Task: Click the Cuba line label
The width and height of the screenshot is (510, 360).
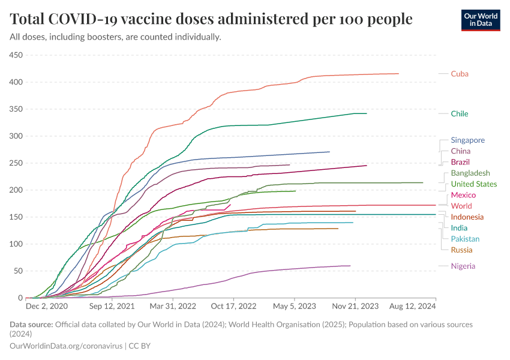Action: (460, 74)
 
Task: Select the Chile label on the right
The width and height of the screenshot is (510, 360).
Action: (460, 113)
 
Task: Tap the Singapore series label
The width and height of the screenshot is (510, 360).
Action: (467, 140)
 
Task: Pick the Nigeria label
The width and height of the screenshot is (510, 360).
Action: (463, 266)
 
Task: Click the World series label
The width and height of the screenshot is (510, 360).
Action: (461, 206)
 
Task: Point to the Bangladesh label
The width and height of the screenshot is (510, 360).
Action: (470, 173)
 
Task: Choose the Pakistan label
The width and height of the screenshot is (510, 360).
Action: (466, 239)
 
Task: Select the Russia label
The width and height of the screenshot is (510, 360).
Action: (461, 250)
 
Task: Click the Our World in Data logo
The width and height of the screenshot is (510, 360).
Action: (480, 19)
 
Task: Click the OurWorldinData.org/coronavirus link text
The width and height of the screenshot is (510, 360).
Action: (66, 346)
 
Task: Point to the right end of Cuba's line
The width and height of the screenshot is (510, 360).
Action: (398, 74)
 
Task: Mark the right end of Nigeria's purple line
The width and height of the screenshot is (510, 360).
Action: (350, 266)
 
